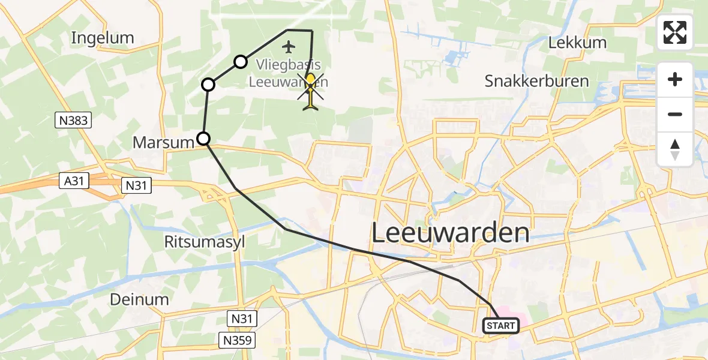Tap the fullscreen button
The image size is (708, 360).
(x=675, y=32)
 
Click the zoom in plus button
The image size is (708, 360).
(x=675, y=80)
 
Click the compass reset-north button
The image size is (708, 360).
(x=675, y=149)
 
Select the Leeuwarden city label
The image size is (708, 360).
(x=451, y=233)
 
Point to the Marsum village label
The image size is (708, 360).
(x=164, y=143)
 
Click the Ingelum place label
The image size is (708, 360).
(x=103, y=38)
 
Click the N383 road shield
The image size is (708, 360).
(x=74, y=121)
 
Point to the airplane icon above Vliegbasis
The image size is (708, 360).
(x=289, y=46)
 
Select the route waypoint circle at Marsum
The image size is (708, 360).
(x=204, y=139)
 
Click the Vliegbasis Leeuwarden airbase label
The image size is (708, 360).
(x=288, y=73)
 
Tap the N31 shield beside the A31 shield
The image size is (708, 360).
(x=136, y=186)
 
